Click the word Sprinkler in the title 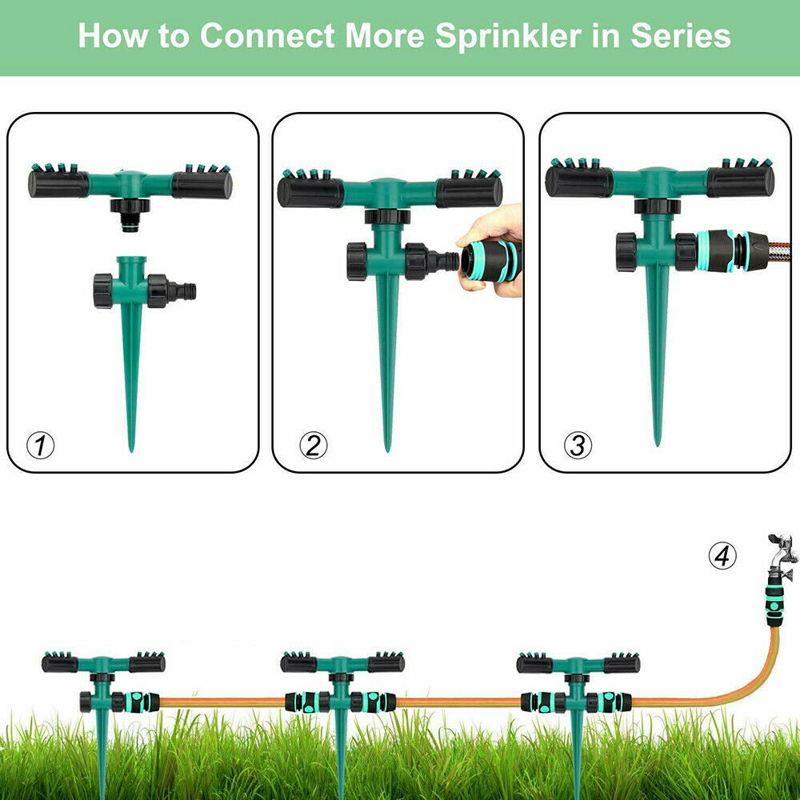coord(508,36)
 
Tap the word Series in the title coord(681,36)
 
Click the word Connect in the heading coord(267,36)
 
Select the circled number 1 coord(40,446)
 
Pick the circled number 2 coord(314,446)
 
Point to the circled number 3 coord(578,446)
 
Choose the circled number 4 coord(722,556)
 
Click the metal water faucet coord(782,555)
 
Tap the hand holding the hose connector coord(492,250)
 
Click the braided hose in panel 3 coord(779,250)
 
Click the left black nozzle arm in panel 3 coord(579,182)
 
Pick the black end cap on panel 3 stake coord(626,251)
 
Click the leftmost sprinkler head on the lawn coord(103,662)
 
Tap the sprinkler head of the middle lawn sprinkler coord(342,662)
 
